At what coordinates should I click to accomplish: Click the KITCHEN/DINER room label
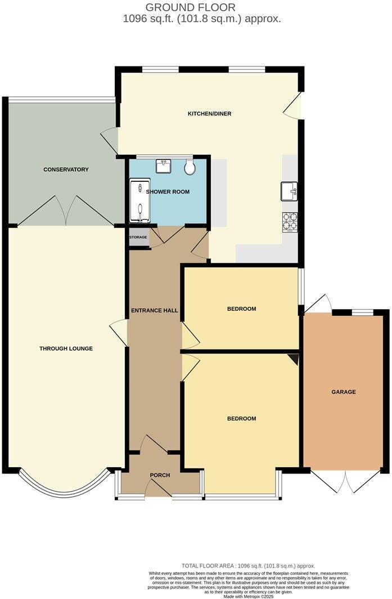click(209, 114)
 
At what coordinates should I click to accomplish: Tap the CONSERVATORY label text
click(66, 169)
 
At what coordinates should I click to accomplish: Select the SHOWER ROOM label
click(168, 192)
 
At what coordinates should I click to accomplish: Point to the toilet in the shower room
click(190, 166)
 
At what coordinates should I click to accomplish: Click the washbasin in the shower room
click(165, 166)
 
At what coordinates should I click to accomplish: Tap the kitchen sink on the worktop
click(290, 191)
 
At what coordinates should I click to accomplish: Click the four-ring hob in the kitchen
click(290, 221)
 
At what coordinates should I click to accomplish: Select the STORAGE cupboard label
click(138, 238)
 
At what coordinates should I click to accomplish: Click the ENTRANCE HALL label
click(154, 311)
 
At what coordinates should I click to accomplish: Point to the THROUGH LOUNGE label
click(66, 348)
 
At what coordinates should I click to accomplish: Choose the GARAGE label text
click(343, 392)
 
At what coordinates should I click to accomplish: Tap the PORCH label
click(160, 475)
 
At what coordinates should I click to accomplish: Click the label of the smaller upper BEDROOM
click(241, 309)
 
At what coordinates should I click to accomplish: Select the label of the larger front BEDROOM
click(241, 418)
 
